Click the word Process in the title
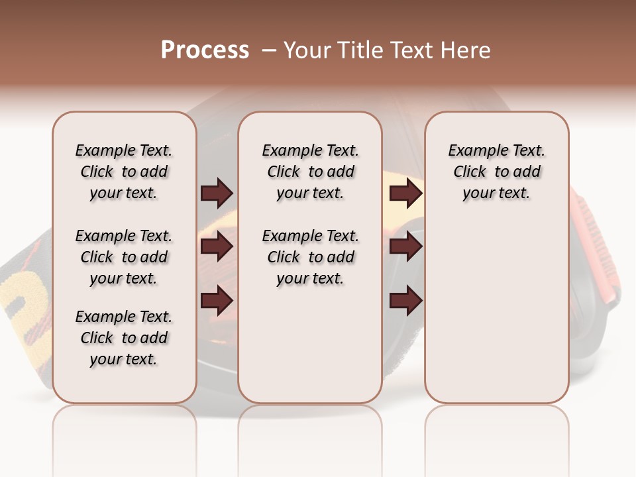coord(205,50)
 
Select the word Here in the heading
coord(466,50)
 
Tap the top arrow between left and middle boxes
coord(217,193)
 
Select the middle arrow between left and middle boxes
coord(217,246)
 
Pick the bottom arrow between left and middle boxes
coord(217,300)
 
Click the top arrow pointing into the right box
coord(405,193)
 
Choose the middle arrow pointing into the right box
coord(405,246)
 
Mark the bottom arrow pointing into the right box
coord(405,300)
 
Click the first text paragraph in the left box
coord(124,172)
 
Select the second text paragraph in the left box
coord(124,257)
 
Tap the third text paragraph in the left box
coord(124,338)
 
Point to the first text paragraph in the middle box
coord(311,172)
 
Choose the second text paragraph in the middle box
coord(311,257)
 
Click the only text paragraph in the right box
coord(497,172)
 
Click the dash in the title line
coord(268,50)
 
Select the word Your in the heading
coord(307,50)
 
